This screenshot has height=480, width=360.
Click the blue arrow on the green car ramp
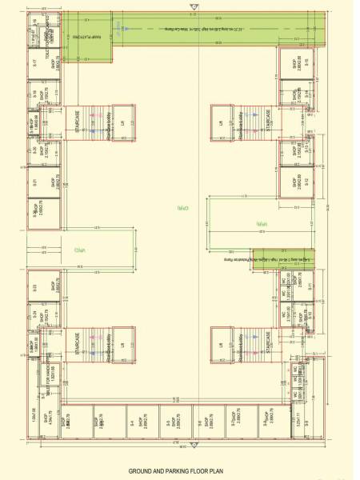click(118, 30)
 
